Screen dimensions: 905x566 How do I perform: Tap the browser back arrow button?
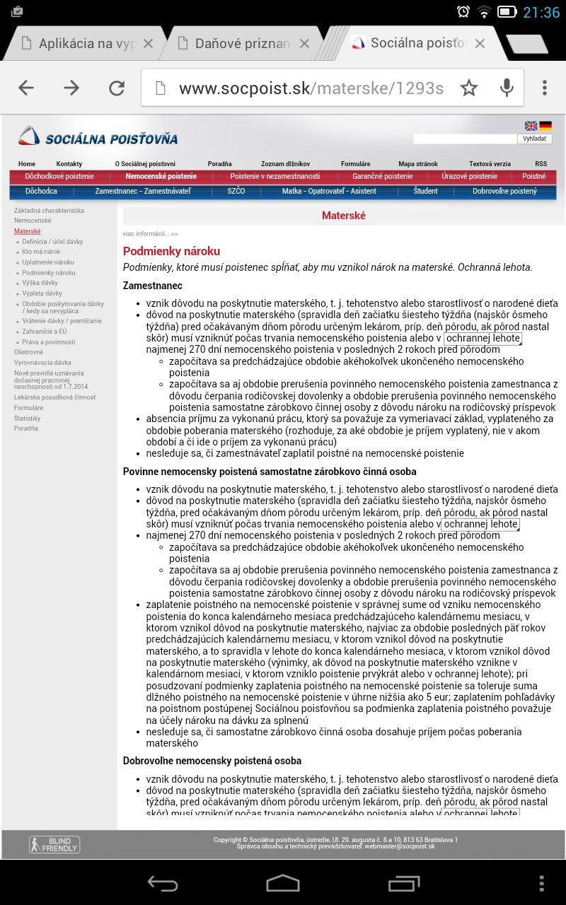pyautogui.click(x=26, y=88)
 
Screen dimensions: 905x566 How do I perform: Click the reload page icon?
pyautogui.click(x=116, y=88)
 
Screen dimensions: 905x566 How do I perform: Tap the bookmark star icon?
pyautogui.click(x=469, y=88)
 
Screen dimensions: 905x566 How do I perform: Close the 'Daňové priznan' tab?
pyautogui.click(x=304, y=44)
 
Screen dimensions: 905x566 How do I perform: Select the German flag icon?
pyautogui.click(x=545, y=126)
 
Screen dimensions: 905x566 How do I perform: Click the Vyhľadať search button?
pyautogui.click(x=534, y=139)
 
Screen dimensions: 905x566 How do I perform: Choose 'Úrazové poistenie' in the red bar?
pyautogui.click(x=469, y=177)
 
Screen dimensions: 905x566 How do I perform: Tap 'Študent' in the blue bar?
pyautogui.click(x=426, y=192)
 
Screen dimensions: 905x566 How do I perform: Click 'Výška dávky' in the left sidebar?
pyautogui.click(x=40, y=283)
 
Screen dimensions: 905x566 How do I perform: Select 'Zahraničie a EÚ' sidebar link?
pyautogui.click(x=44, y=331)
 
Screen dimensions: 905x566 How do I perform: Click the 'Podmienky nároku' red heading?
pyautogui.click(x=171, y=251)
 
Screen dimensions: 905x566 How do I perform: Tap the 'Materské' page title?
pyautogui.click(x=343, y=216)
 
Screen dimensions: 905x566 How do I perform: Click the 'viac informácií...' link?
pyautogui.click(x=150, y=233)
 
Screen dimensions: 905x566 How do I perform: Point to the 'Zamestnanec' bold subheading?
pyautogui.click(x=153, y=286)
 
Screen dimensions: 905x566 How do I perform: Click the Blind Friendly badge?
pyautogui.click(x=54, y=844)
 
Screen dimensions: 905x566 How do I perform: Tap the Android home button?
pyautogui.click(x=283, y=882)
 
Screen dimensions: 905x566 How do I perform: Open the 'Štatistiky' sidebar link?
pyautogui.click(x=28, y=419)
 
